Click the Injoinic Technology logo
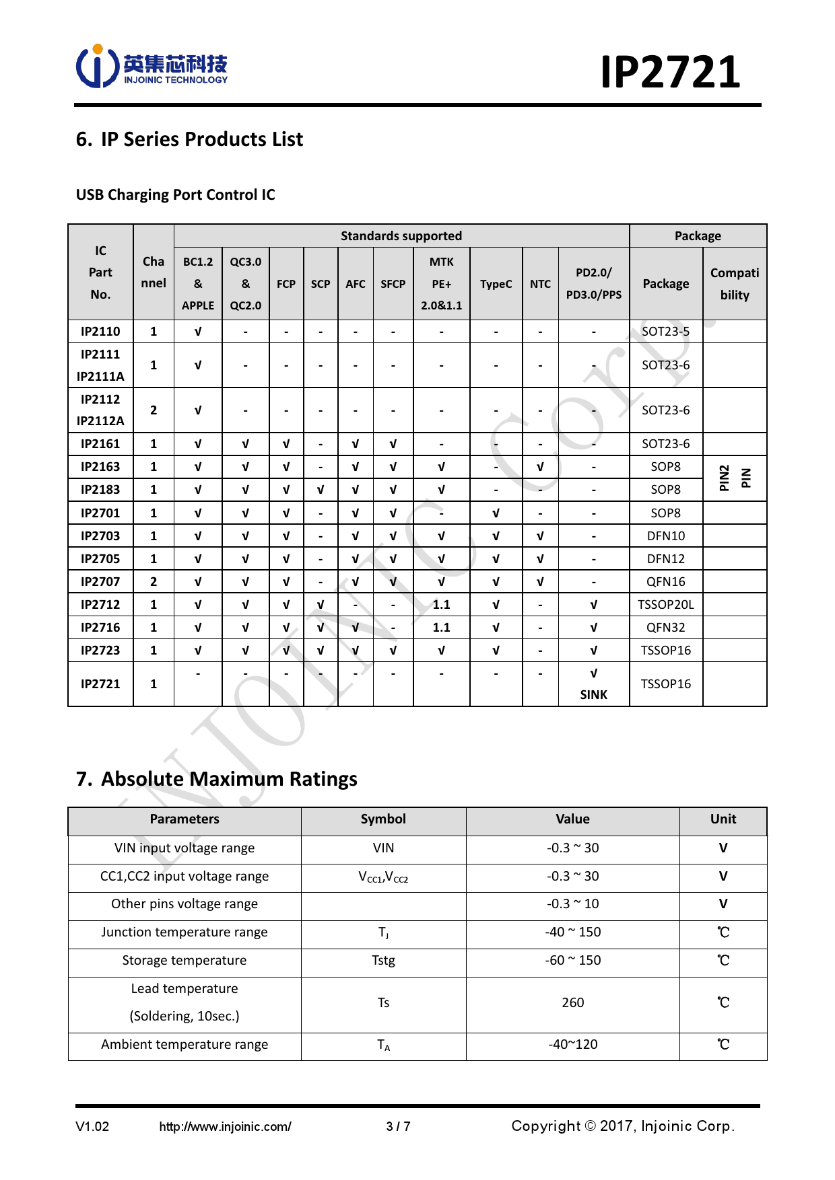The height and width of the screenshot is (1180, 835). (x=152, y=67)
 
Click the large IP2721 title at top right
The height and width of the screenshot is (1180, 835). (x=670, y=72)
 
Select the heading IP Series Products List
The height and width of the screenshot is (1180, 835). (x=189, y=139)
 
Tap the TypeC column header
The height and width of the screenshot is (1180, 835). (x=496, y=284)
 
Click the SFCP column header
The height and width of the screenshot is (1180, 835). (x=393, y=284)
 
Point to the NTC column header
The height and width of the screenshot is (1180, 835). (x=540, y=284)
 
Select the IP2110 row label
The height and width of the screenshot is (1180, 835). (x=100, y=331)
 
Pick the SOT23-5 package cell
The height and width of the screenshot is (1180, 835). (x=665, y=331)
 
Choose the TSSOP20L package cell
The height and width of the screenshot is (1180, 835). (x=665, y=604)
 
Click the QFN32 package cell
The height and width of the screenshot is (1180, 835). (x=665, y=627)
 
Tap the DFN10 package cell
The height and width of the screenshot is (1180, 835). (x=665, y=536)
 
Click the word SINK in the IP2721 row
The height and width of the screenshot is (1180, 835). (x=593, y=694)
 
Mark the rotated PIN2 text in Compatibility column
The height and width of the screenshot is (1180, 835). (x=724, y=478)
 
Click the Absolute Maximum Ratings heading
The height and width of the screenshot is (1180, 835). (x=217, y=778)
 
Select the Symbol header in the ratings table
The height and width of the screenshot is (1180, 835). (x=383, y=819)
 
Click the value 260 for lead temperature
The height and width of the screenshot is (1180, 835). (x=572, y=1002)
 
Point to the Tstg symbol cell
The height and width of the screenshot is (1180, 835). (x=383, y=960)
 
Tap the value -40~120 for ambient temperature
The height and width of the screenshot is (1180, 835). (x=572, y=1044)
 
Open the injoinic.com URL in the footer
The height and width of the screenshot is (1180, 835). (x=225, y=1126)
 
